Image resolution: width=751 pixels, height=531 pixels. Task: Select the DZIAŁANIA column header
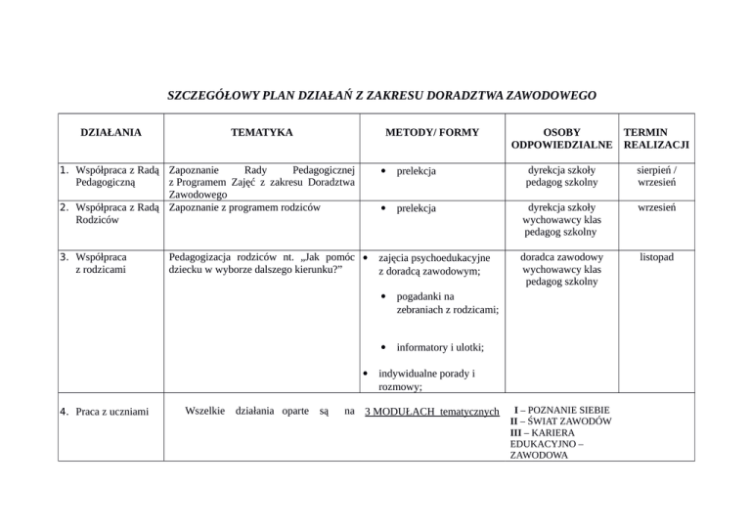(109, 130)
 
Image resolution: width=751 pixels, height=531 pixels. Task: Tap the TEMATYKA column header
(261, 130)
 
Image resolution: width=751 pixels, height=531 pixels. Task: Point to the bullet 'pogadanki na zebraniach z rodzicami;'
(448, 302)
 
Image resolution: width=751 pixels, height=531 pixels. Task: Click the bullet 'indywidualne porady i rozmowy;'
(426, 378)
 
